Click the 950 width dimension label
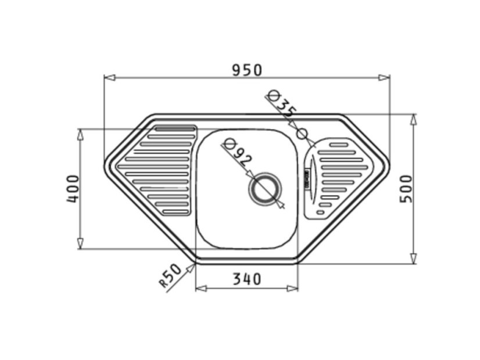(x=247, y=70)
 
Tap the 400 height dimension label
(x=73, y=188)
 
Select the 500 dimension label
(x=406, y=188)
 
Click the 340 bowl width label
(x=247, y=279)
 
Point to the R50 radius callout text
(x=170, y=275)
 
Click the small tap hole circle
(x=302, y=134)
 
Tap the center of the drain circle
(x=264, y=189)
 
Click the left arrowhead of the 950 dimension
(x=110, y=78)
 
